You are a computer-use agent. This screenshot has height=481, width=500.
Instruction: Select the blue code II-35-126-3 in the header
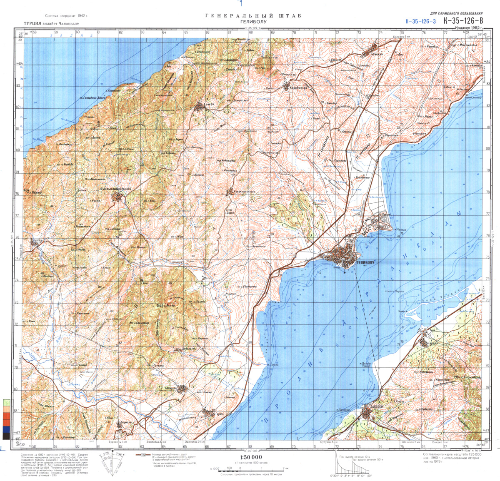pos(420,21)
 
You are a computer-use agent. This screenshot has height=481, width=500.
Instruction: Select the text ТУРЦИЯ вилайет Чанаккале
pos(51,24)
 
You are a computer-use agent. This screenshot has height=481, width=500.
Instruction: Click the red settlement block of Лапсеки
pos(367,413)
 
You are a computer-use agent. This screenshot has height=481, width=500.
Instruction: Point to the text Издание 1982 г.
pos(469,28)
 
